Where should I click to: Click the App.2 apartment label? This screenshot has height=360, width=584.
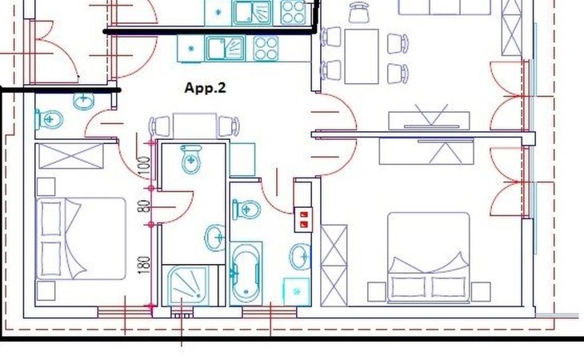pyautogui.click(x=206, y=88)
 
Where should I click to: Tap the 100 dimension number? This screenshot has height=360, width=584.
pyautogui.click(x=144, y=168)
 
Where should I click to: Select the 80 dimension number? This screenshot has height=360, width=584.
pyautogui.click(x=144, y=206)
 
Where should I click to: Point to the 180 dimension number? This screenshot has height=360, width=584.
pyautogui.click(x=144, y=265)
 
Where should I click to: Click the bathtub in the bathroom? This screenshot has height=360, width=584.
pyautogui.click(x=246, y=274)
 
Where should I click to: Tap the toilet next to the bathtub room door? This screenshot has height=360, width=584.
pyautogui.click(x=246, y=210)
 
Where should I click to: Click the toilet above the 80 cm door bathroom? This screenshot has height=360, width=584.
pyautogui.click(x=191, y=159)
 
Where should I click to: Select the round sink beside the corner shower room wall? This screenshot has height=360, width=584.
pyautogui.click(x=216, y=237)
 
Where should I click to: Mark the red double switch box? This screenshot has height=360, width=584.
pyautogui.click(x=303, y=220)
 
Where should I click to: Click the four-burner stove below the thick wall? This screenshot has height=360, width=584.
pyautogui.click(x=266, y=48)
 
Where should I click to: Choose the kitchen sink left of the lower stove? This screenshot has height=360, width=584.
pyautogui.click(x=226, y=48)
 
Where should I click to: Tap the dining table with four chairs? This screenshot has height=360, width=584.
pyautogui.click(x=362, y=57)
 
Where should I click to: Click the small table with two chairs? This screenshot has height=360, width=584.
pyautogui.click(x=194, y=126)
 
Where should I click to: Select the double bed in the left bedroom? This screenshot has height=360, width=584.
pyautogui.click(x=81, y=238)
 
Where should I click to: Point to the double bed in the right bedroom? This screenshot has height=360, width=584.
pyautogui.click(x=428, y=257)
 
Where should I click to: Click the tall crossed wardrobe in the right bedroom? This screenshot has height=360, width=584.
pyautogui.click(x=334, y=266)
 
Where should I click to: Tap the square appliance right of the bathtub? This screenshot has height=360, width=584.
pyautogui.click(x=297, y=291)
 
